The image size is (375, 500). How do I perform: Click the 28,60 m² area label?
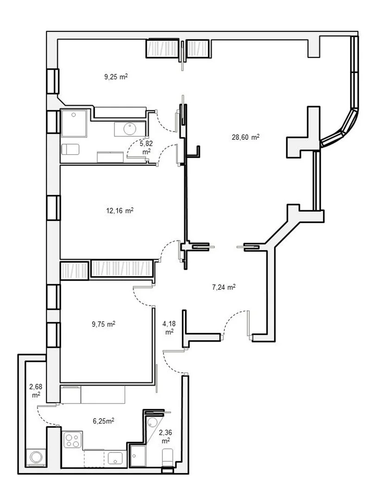pyautogui.click(x=245, y=137)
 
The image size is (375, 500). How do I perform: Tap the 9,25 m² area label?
pyautogui.click(x=116, y=76)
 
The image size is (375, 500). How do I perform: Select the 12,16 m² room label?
pyautogui.click(x=119, y=211)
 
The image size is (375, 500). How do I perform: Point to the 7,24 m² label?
pyautogui.click(x=224, y=287)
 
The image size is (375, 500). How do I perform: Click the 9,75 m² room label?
pyautogui.click(x=104, y=324)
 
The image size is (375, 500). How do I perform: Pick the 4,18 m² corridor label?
pyautogui.click(x=169, y=328)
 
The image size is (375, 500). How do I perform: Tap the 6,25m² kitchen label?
pyautogui.click(x=104, y=421)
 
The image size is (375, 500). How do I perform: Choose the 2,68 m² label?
pyautogui.click(x=36, y=391)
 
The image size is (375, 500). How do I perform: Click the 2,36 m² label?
pyautogui.click(x=165, y=437)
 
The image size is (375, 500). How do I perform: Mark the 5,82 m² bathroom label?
pyautogui.click(x=146, y=147)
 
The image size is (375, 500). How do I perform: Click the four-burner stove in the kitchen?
pyautogui.click(x=72, y=440)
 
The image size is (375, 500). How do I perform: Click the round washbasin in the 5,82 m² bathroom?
pyautogui.click(x=130, y=129)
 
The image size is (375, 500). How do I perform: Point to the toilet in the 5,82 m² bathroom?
pyautogui.click(x=70, y=149)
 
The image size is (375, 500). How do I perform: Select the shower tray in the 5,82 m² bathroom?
pyautogui.click(x=74, y=123)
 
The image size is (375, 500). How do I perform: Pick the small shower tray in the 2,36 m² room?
pyautogui.click(x=138, y=456)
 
